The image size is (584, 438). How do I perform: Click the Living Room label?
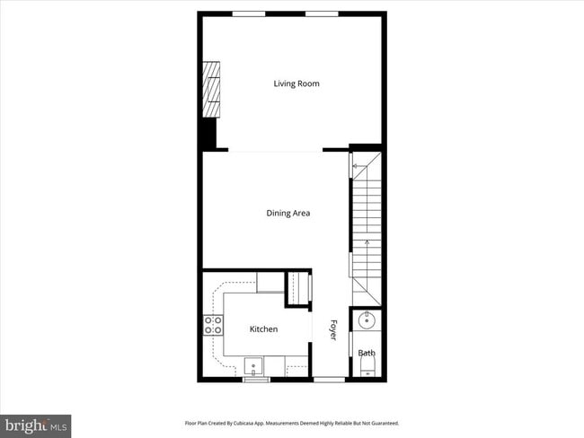(296, 84)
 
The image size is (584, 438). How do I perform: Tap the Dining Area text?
(288, 214)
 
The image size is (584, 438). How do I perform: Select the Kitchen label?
(263, 329)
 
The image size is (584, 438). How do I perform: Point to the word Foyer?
(332, 329)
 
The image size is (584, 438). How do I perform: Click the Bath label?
(367, 353)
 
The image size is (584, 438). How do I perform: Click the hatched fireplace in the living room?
(212, 89)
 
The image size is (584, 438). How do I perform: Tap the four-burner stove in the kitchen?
(214, 325)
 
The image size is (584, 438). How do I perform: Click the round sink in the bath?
(367, 320)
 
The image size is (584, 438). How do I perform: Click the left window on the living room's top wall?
(249, 13)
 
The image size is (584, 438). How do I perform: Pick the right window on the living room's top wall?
(321, 13)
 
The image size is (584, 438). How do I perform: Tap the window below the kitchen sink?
(256, 379)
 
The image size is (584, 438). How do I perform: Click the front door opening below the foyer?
(329, 379)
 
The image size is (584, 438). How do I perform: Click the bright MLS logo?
(36, 425)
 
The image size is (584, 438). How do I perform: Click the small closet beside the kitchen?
(297, 288)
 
